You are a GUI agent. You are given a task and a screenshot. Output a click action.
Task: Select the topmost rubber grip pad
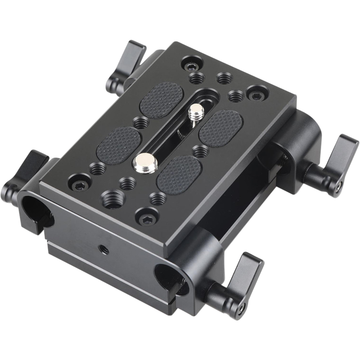point(162,100)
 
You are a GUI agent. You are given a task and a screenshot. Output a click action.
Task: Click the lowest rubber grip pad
point(179,175)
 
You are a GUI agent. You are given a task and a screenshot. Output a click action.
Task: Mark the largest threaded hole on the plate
point(112,198)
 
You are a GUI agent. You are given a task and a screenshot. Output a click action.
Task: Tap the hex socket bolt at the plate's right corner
point(256,94)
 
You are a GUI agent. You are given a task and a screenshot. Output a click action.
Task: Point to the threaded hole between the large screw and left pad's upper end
point(141,122)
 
